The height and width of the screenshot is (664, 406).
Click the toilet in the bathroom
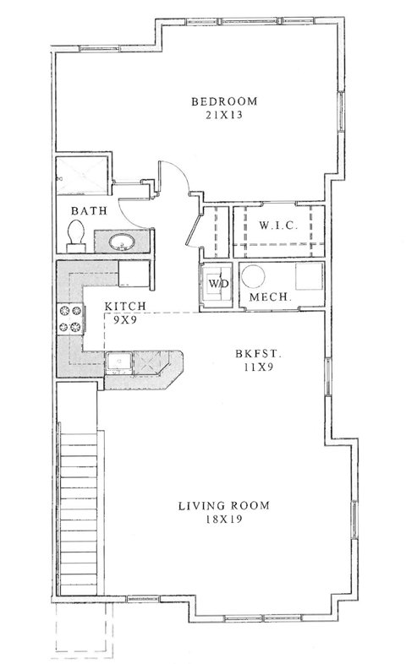point(74,236)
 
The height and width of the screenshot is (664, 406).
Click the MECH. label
point(271,298)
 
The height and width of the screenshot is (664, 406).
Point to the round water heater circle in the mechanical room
point(254,276)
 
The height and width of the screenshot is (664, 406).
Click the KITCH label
point(127,307)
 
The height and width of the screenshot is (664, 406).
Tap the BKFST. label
point(253,356)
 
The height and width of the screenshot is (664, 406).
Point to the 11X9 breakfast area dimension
point(253,369)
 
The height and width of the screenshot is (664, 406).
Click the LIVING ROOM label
point(223,506)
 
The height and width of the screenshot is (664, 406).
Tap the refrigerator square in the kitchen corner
point(134,275)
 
